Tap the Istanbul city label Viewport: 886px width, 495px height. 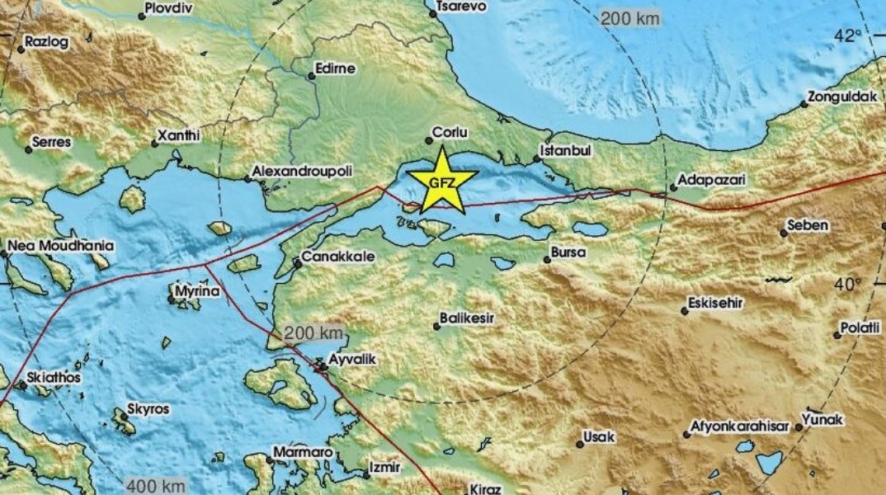565,152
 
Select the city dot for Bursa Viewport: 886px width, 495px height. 547,260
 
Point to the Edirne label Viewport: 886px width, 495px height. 337,68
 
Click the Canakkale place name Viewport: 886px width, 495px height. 338,257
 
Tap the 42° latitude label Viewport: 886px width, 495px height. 847,35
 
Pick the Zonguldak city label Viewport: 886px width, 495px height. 841,97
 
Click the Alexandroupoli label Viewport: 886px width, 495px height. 302,171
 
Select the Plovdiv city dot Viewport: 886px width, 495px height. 141,16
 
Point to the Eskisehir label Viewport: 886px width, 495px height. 718,303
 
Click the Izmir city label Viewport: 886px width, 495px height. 384,467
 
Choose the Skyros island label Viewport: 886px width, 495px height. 148,409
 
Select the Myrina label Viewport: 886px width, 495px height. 196,291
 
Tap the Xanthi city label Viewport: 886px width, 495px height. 179,134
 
